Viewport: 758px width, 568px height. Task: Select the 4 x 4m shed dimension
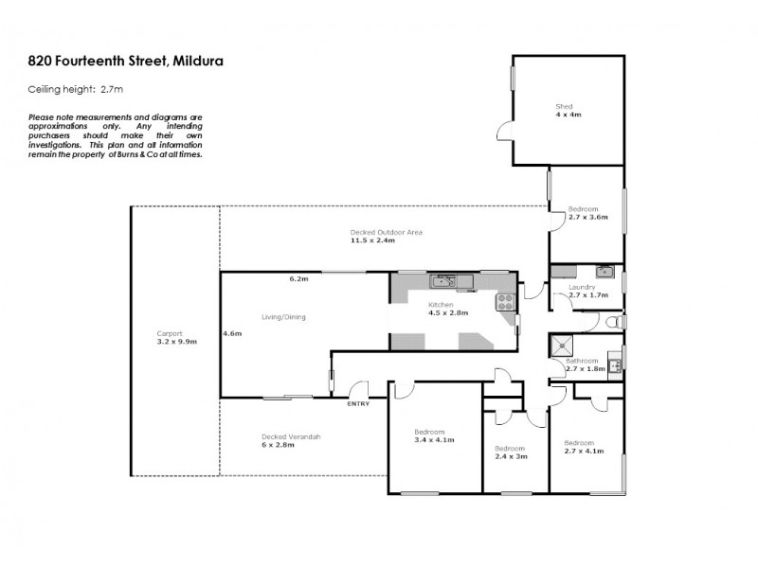coord(568,115)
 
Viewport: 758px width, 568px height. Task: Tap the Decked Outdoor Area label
coord(385,232)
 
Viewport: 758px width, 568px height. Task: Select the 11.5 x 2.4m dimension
coord(370,240)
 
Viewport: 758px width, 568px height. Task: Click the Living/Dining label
coord(283,317)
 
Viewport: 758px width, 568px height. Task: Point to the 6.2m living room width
coord(299,278)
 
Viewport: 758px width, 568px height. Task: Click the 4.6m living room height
coord(231,333)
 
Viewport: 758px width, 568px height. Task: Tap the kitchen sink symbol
coord(444,280)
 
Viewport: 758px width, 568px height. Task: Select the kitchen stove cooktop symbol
coord(506,303)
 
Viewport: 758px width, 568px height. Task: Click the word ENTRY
coord(359,404)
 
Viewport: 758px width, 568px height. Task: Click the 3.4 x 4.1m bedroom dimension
coord(434,440)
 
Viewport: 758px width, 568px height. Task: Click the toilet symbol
coord(618,324)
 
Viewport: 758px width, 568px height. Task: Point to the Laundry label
coord(582,287)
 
